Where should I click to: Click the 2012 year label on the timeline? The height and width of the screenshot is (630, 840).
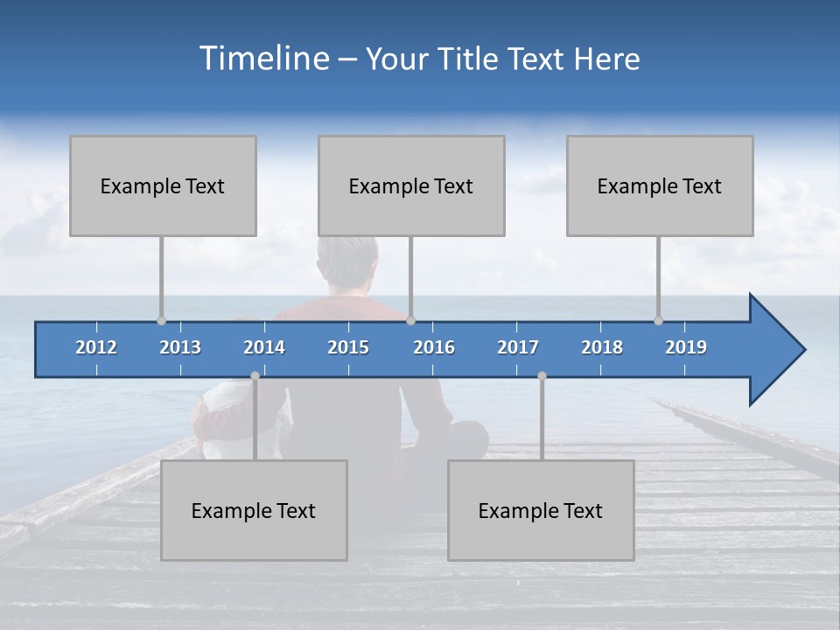pyautogui.click(x=96, y=347)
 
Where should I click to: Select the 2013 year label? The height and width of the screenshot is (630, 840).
pyautogui.click(x=180, y=347)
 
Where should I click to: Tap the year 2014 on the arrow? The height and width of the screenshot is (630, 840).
pyautogui.click(x=264, y=347)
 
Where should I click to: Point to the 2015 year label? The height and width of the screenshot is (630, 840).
pyautogui.click(x=348, y=347)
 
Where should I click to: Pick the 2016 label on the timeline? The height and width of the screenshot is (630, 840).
pyautogui.click(x=434, y=347)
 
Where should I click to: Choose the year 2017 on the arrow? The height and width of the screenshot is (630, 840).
pyautogui.click(x=518, y=347)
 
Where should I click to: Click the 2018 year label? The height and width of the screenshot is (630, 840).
pyautogui.click(x=602, y=347)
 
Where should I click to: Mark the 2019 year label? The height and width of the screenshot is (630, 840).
pyautogui.click(x=686, y=347)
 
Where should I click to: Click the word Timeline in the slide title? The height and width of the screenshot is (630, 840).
pyautogui.click(x=263, y=59)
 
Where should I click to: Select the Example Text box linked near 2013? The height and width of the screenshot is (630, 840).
pyautogui.click(x=163, y=185)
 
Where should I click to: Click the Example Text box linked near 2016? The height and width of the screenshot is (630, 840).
pyautogui.click(x=411, y=185)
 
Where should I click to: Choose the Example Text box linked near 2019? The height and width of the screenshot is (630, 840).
pyautogui.click(x=660, y=185)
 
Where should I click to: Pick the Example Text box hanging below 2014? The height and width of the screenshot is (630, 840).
pyautogui.click(x=254, y=510)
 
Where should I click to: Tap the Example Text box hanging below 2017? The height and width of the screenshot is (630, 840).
pyautogui.click(x=541, y=510)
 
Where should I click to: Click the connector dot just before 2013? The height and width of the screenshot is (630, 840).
pyautogui.click(x=161, y=320)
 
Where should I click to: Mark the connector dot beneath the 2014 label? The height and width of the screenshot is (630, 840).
pyautogui.click(x=255, y=375)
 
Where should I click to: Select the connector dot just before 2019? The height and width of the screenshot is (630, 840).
pyautogui.click(x=659, y=320)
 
